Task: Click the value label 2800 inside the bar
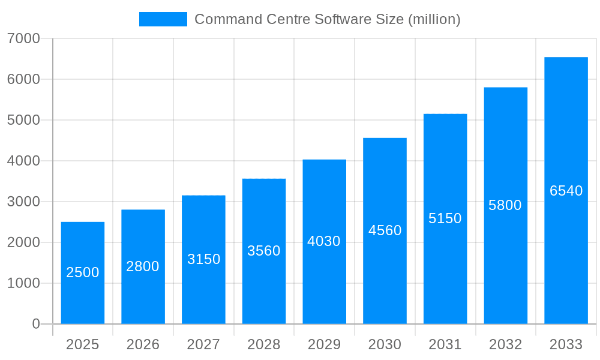[143, 266]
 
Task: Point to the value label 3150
[204, 259]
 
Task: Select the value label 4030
[324, 241]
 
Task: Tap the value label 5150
[445, 218]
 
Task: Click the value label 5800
[505, 205]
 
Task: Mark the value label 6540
[566, 191]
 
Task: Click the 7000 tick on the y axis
[23, 38]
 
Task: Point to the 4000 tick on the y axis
[23, 161]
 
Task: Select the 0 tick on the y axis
[35, 324]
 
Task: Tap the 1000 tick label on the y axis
[23, 283]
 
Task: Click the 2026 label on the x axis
[143, 344]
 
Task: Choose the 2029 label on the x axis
[324, 344]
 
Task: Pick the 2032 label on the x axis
[505, 344]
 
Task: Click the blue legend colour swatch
[163, 19]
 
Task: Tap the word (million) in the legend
[434, 19]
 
